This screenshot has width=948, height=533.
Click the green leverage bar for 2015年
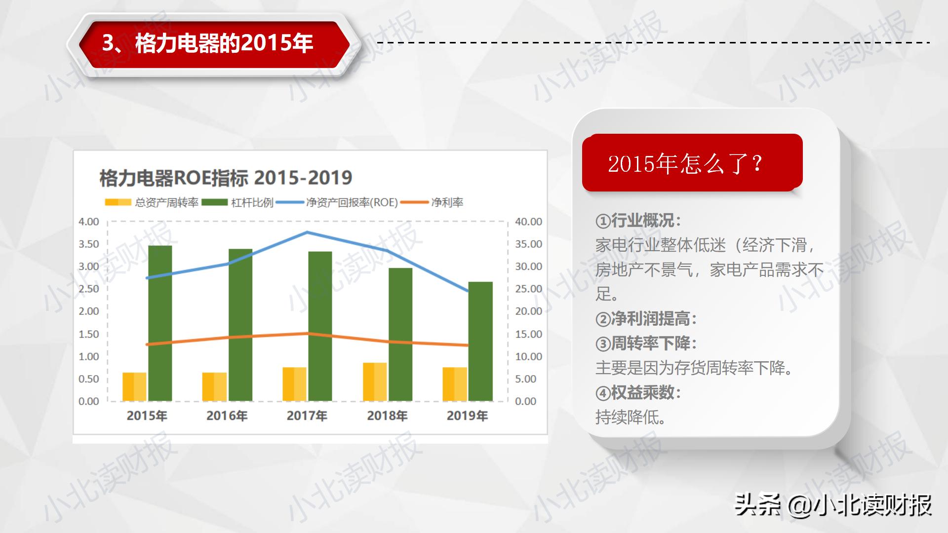[x=160, y=323]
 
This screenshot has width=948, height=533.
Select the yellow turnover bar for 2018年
[x=375, y=381]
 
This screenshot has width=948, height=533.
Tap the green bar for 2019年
[x=480, y=341]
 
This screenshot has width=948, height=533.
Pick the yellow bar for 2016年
[x=214, y=386]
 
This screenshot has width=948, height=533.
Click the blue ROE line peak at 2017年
[x=307, y=232]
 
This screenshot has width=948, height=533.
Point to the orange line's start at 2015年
[x=147, y=344]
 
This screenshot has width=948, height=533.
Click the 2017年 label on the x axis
[x=307, y=416]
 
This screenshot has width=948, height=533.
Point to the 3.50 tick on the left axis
[x=89, y=244]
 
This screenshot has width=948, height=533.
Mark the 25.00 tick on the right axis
[x=528, y=289]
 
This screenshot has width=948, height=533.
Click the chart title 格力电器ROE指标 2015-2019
[x=226, y=178]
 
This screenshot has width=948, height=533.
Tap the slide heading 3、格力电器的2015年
[x=207, y=43]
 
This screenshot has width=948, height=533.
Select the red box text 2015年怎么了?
[x=685, y=164]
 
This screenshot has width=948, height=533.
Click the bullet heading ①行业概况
[x=638, y=221]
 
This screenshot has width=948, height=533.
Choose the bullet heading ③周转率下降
[x=646, y=343]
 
